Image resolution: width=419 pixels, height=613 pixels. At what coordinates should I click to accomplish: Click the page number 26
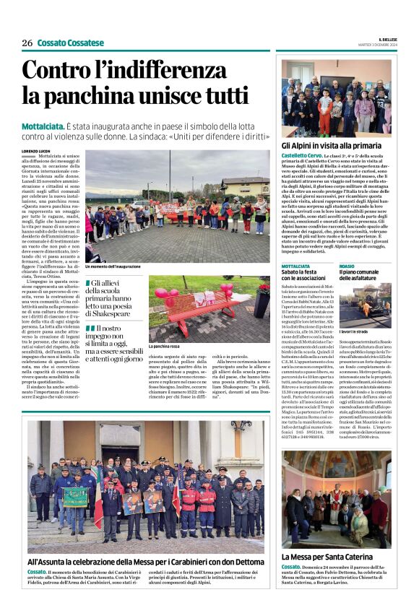[x=27, y=43]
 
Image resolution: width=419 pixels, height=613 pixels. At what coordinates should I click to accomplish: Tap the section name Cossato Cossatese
[x=70, y=43]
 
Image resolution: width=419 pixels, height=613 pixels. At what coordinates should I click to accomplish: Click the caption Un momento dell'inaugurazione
[x=113, y=267]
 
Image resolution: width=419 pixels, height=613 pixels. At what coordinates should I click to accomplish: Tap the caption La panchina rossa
[x=165, y=347]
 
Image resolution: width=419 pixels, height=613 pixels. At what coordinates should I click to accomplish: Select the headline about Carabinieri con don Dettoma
[x=146, y=560]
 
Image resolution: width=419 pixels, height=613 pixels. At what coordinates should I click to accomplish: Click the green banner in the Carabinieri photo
[x=74, y=496]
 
